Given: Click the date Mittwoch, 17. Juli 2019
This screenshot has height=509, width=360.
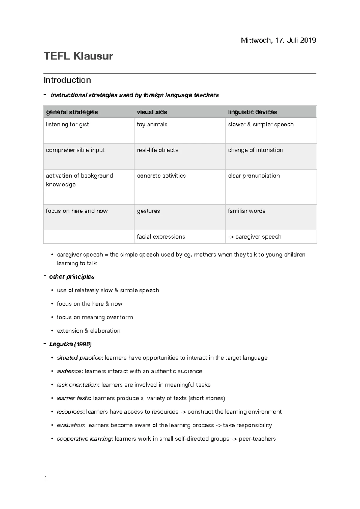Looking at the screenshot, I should [x=278, y=40].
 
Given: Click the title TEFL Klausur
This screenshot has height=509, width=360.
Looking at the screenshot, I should [x=78, y=56].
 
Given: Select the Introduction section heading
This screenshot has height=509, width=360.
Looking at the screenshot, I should [x=67, y=80].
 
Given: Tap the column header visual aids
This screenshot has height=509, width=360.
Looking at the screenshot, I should [x=152, y=112].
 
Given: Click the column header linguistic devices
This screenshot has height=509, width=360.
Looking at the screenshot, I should [x=253, y=112].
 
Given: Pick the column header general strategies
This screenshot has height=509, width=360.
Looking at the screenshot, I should [x=72, y=112].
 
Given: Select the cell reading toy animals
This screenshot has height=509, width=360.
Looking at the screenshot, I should [x=152, y=124].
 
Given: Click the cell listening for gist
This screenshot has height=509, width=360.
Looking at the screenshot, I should [x=67, y=124].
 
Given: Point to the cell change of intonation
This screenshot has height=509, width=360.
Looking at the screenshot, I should [x=255, y=150].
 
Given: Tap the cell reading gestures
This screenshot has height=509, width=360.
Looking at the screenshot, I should [x=148, y=211].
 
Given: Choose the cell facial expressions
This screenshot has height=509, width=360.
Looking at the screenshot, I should [x=161, y=237].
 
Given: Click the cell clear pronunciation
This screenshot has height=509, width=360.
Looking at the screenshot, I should [x=254, y=176].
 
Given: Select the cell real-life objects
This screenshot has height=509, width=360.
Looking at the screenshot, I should [x=157, y=150].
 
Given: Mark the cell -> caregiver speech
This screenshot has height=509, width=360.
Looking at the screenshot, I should [x=255, y=237].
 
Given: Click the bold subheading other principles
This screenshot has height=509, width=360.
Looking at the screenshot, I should [x=72, y=277].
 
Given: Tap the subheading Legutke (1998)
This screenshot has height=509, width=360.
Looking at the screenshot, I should [x=70, y=344].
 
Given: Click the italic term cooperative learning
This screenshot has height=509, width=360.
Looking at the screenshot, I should [x=84, y=439].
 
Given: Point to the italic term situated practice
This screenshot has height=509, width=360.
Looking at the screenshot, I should [x=79, y=358].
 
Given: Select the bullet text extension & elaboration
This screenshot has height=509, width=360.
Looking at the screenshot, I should [x=88, y=331].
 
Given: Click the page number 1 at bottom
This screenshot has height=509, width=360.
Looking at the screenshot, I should [x=46, y=479].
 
